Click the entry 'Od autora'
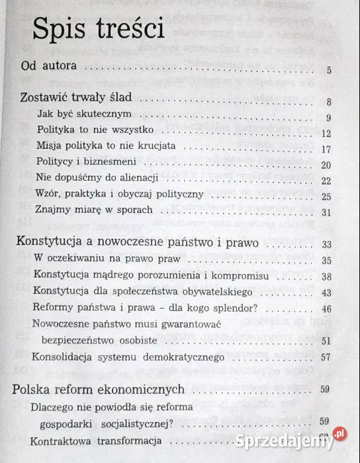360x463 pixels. [x=50, y=67]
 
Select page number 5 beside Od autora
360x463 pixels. [x=329, y=71]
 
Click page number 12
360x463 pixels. [x=326, y=134]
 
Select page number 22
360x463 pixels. [x=325, y=181]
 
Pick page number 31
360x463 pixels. [x=325, y=212]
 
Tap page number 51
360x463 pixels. [x=325, y=341]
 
